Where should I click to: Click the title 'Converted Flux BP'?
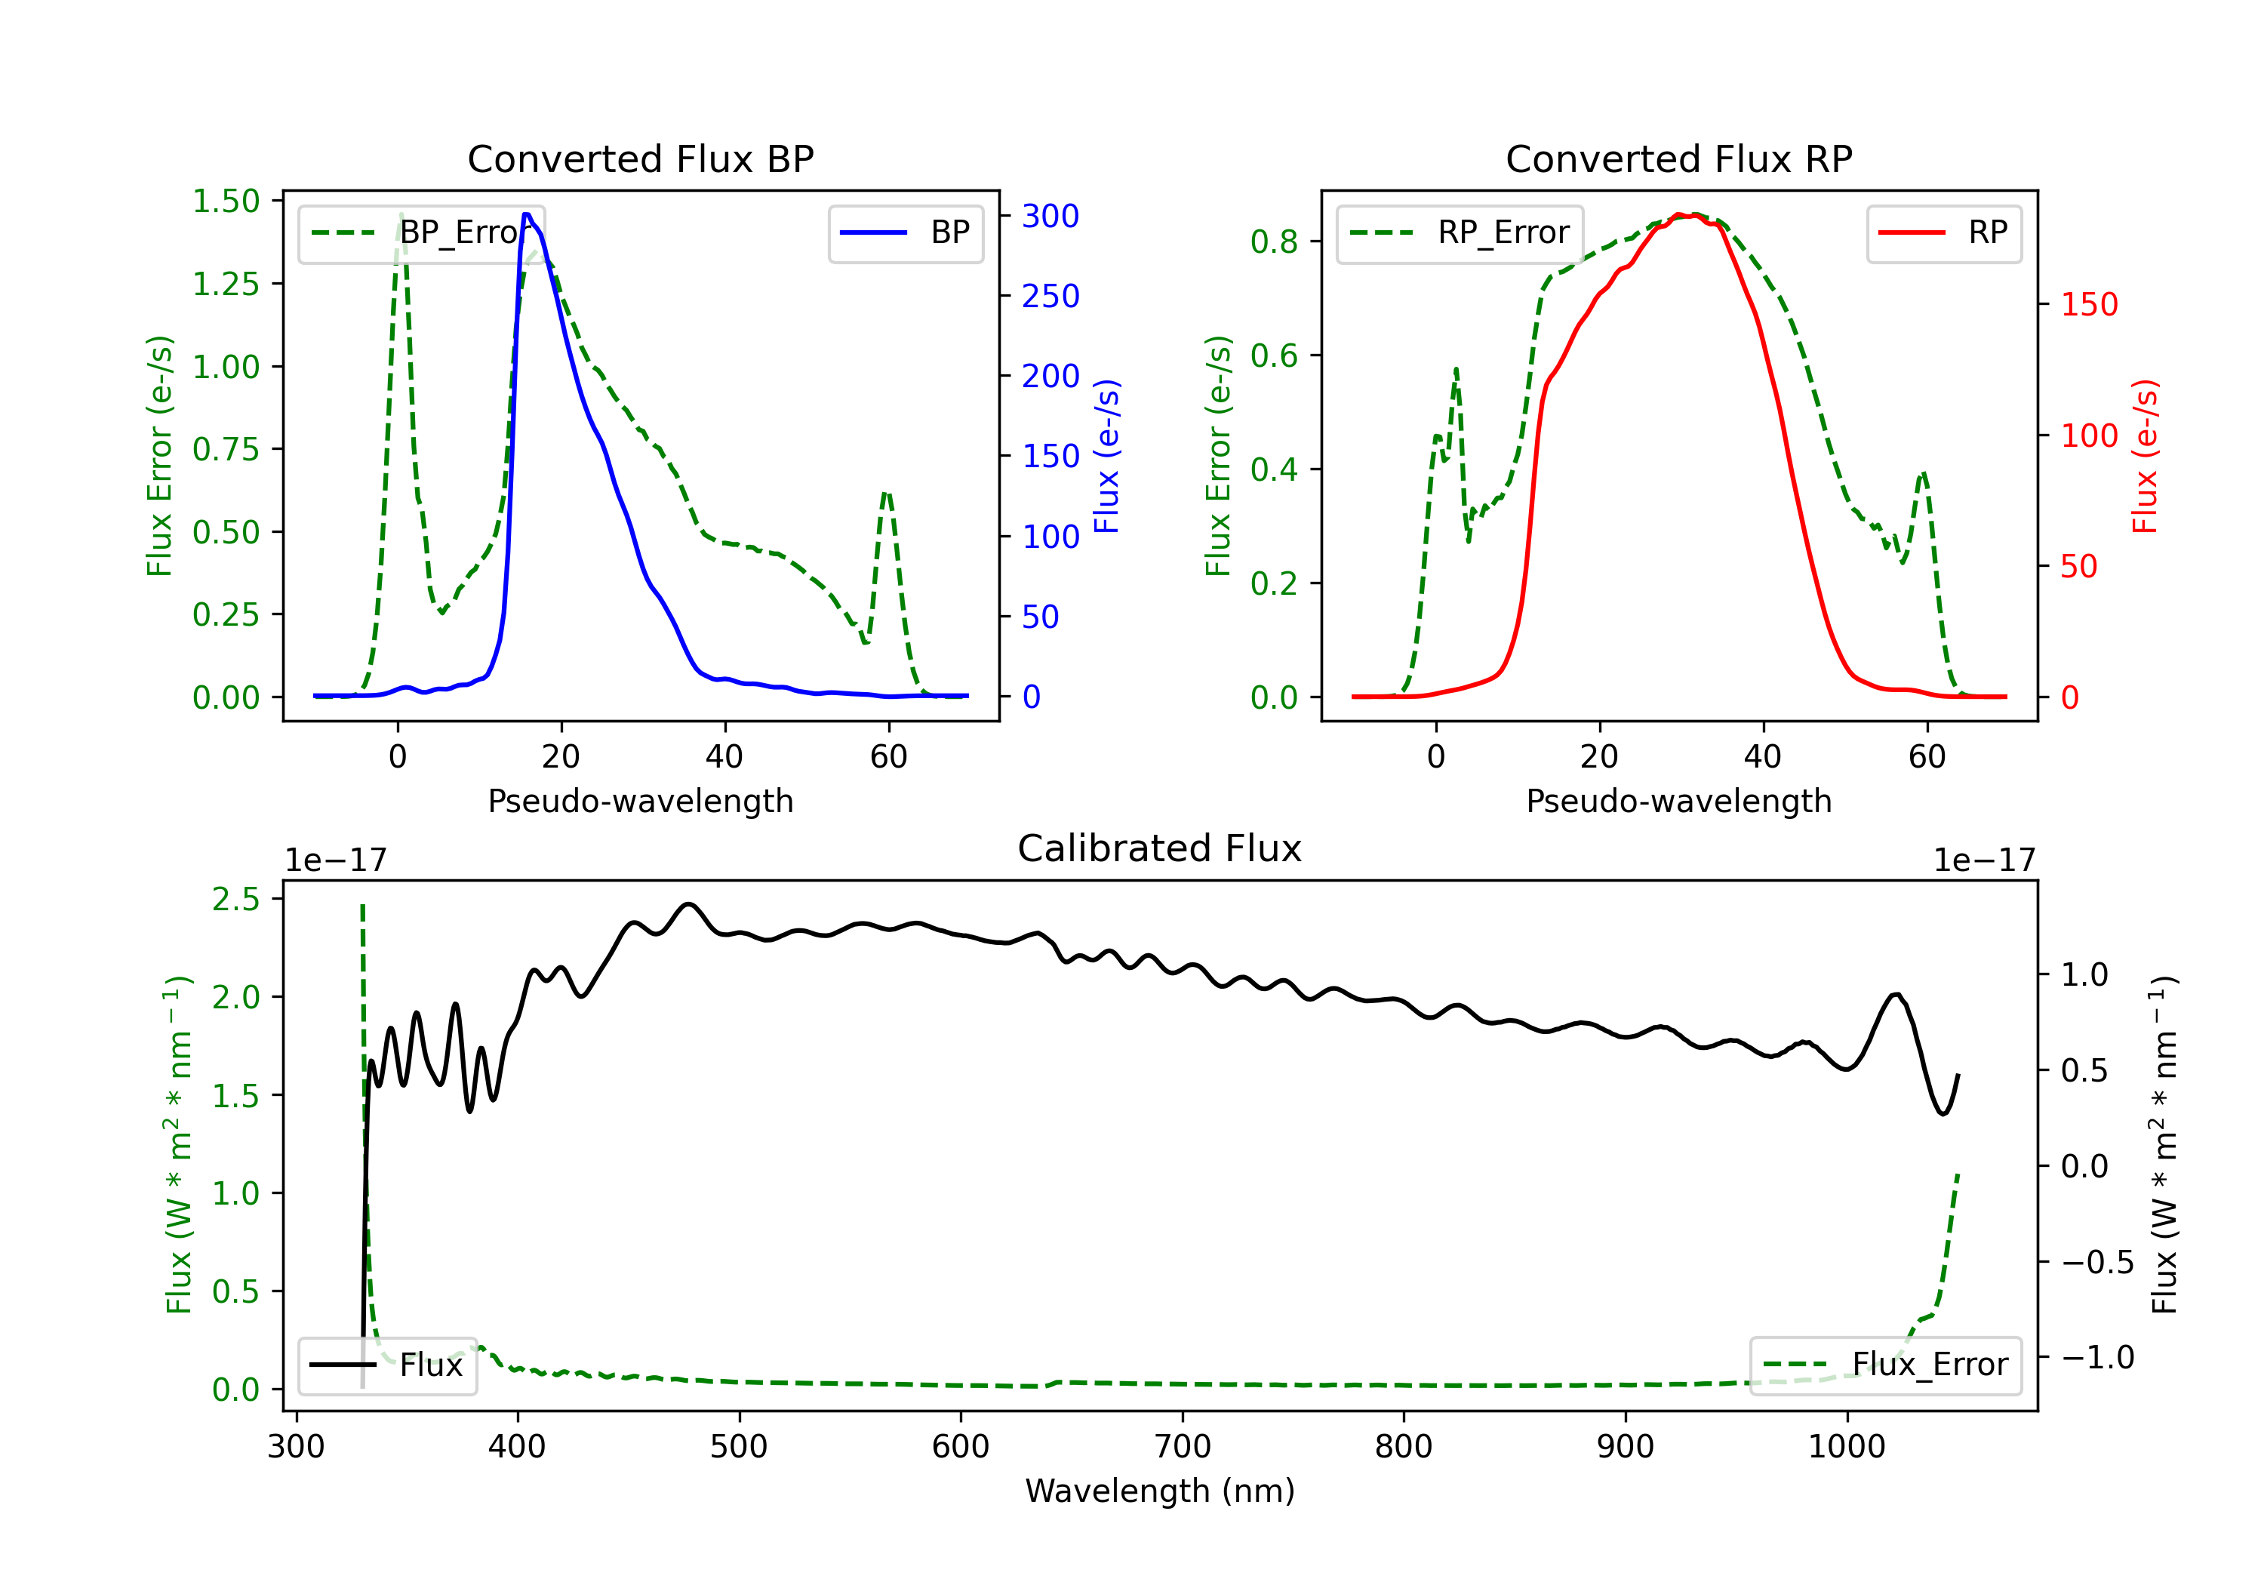click(x=641, y=158)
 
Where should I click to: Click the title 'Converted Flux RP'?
click(x=1679, y=158)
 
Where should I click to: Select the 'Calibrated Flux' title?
click(x=1160, y=848)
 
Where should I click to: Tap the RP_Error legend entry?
click(x=1460, y=232)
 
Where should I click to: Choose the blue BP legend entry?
click(x=905, y=232)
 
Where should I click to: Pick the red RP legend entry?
click(x=1943, y=232)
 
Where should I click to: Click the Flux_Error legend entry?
click(x=1885, y=1365)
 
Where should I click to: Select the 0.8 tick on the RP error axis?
click(x=1274, y=242)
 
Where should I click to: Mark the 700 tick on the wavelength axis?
click(x=1183, y=1447)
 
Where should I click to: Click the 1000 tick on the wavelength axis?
click(x=1847, y=1447)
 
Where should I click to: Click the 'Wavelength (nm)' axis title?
click(x=1160, y=1491)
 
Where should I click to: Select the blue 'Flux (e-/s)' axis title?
click(x=1107, y=456)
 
